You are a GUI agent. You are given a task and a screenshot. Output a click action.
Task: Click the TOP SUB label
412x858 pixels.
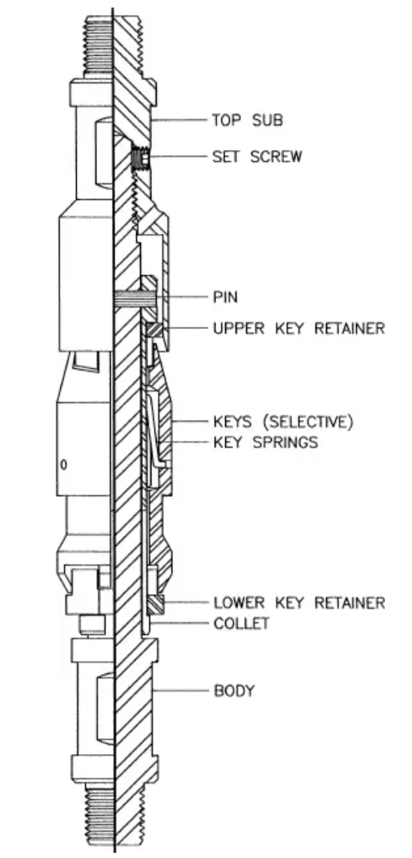coord(248,120)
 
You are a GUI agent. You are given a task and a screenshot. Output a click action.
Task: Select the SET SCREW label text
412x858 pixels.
coord(257,157)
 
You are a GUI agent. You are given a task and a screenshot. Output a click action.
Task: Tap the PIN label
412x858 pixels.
coord(225,298)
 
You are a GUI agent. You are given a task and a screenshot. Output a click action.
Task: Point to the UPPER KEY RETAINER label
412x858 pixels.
coord(299,328)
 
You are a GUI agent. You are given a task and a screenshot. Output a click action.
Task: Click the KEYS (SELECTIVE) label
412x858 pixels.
coord(283,422)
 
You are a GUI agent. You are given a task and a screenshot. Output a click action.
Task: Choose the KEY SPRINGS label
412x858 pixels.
coord(266,442)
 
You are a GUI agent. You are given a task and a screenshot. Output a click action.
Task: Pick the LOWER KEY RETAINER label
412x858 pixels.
coord(299,603)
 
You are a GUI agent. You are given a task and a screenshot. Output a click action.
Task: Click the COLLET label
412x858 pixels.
coord(241,624)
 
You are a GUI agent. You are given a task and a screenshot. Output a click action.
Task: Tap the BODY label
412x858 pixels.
coord(233,691)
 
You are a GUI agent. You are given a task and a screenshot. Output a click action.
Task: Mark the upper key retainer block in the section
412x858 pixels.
coord(152,330)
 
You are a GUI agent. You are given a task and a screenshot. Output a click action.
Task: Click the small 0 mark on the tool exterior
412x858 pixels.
coord(63,465)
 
